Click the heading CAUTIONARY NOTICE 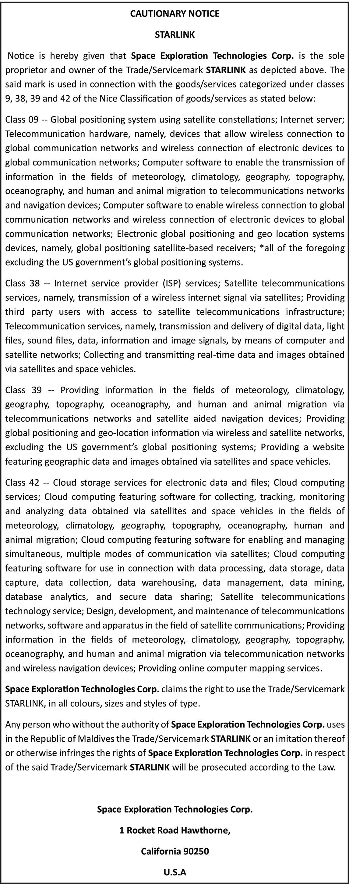tap(175, 14)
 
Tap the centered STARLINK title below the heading tap(175, 35)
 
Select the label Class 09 tap(21, 119)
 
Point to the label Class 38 tap(22, 283)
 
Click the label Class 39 tap(23, 390)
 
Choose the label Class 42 tap(22, 483)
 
